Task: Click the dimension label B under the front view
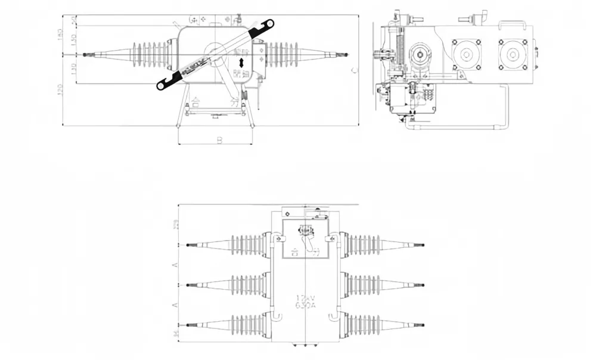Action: [219, 140]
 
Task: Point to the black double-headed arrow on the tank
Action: [241, 63]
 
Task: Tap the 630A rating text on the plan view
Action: [305, 305]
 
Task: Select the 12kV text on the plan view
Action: [305, 297]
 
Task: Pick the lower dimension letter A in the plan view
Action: [174, 305]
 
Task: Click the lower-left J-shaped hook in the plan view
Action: [277, 315]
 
